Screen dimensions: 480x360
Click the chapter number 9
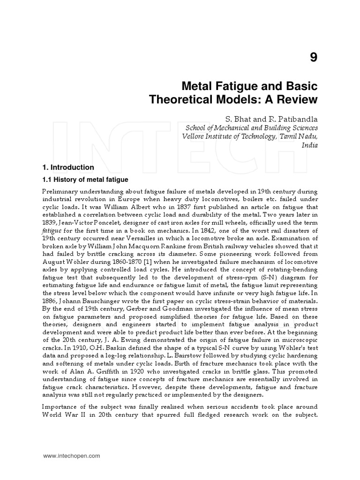pyautogui.click(x=313, y=58)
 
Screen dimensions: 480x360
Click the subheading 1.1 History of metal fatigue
pyautogui.click(x=85, y=180)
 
